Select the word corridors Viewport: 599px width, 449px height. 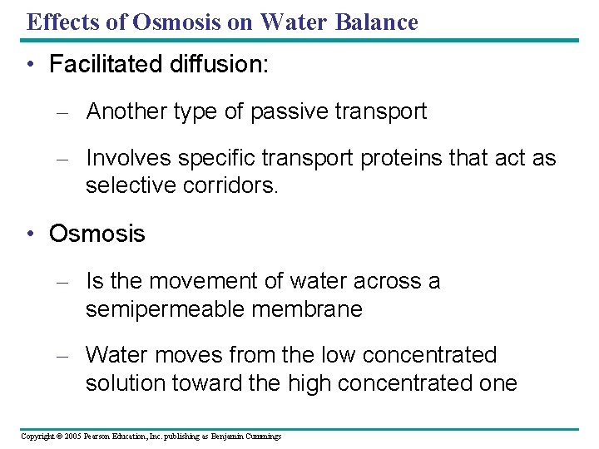(236, 185)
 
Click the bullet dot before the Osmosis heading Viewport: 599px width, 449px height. (31, 234)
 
